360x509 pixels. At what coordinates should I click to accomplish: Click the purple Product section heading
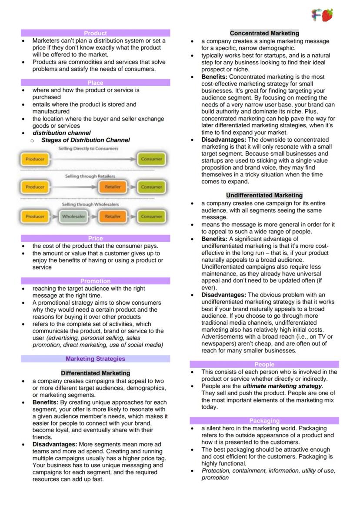click(95, 33)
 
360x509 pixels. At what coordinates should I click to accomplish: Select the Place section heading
click(95, 83)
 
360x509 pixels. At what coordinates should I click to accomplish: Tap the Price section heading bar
click(95, 238)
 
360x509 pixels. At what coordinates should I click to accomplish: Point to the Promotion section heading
click(95, 281)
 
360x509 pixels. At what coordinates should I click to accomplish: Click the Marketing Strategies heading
click(95, 359)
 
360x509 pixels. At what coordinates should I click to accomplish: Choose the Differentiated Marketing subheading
click(95, 373)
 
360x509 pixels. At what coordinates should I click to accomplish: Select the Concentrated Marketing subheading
click(264, 33)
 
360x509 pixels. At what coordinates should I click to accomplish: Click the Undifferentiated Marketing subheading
click(264, 195)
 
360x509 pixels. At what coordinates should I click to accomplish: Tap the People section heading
click(264, 364)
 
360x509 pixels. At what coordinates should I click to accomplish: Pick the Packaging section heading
click(264, 421)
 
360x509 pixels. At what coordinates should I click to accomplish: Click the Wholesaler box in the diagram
click(73, 216)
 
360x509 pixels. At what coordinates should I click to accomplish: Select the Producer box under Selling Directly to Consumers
click(35, 159)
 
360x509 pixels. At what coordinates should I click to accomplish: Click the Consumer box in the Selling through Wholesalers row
click(151, 216)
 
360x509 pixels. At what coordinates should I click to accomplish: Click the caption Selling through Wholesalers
click(90, 204)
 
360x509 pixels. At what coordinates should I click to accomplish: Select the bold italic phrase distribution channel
click(62, 133)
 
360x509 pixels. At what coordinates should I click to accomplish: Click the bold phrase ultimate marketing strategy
click(282, 386)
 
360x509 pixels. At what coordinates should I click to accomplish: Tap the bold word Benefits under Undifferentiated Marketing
click(215, 239)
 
